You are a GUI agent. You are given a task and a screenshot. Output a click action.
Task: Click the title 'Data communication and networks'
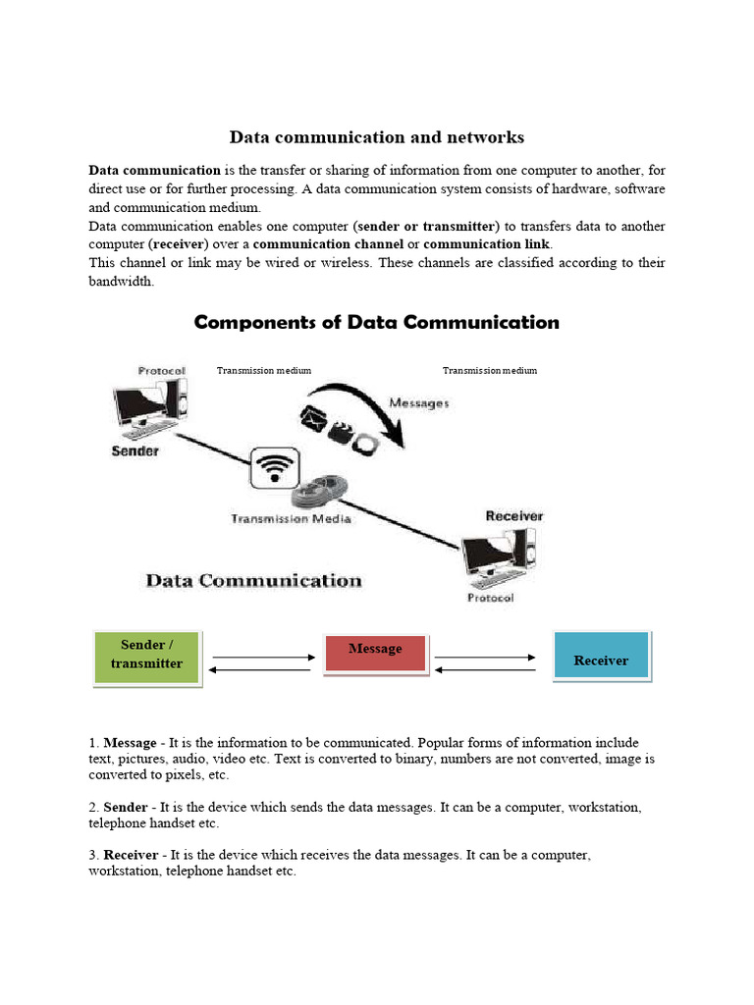click(377, 137)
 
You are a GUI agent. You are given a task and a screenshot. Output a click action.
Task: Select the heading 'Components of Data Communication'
click(377, 323)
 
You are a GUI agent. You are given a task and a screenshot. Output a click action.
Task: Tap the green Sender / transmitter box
click(146, 656)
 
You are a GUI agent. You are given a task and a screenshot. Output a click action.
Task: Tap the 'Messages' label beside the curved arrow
click(419, 403)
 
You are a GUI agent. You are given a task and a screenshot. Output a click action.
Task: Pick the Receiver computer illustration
click(500, 556)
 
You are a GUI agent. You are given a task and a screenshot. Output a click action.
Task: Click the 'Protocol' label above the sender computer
click(162, 371)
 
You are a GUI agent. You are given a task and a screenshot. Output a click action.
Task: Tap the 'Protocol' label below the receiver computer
click(490, 598)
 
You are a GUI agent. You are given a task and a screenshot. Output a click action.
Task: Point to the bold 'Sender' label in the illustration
click(135, 451)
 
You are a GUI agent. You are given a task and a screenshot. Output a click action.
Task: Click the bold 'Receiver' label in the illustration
click(513, 516)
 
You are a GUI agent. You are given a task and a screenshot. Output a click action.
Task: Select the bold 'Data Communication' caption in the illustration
click(253, 581)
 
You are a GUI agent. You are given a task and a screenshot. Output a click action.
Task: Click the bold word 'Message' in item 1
click(130, 743)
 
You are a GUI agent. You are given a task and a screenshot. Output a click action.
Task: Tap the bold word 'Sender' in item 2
click(126, 808)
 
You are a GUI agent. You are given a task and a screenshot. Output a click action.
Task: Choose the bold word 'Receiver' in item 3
click(131, 856)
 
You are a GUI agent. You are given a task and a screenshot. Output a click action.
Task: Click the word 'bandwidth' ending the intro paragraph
click(121, 282)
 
